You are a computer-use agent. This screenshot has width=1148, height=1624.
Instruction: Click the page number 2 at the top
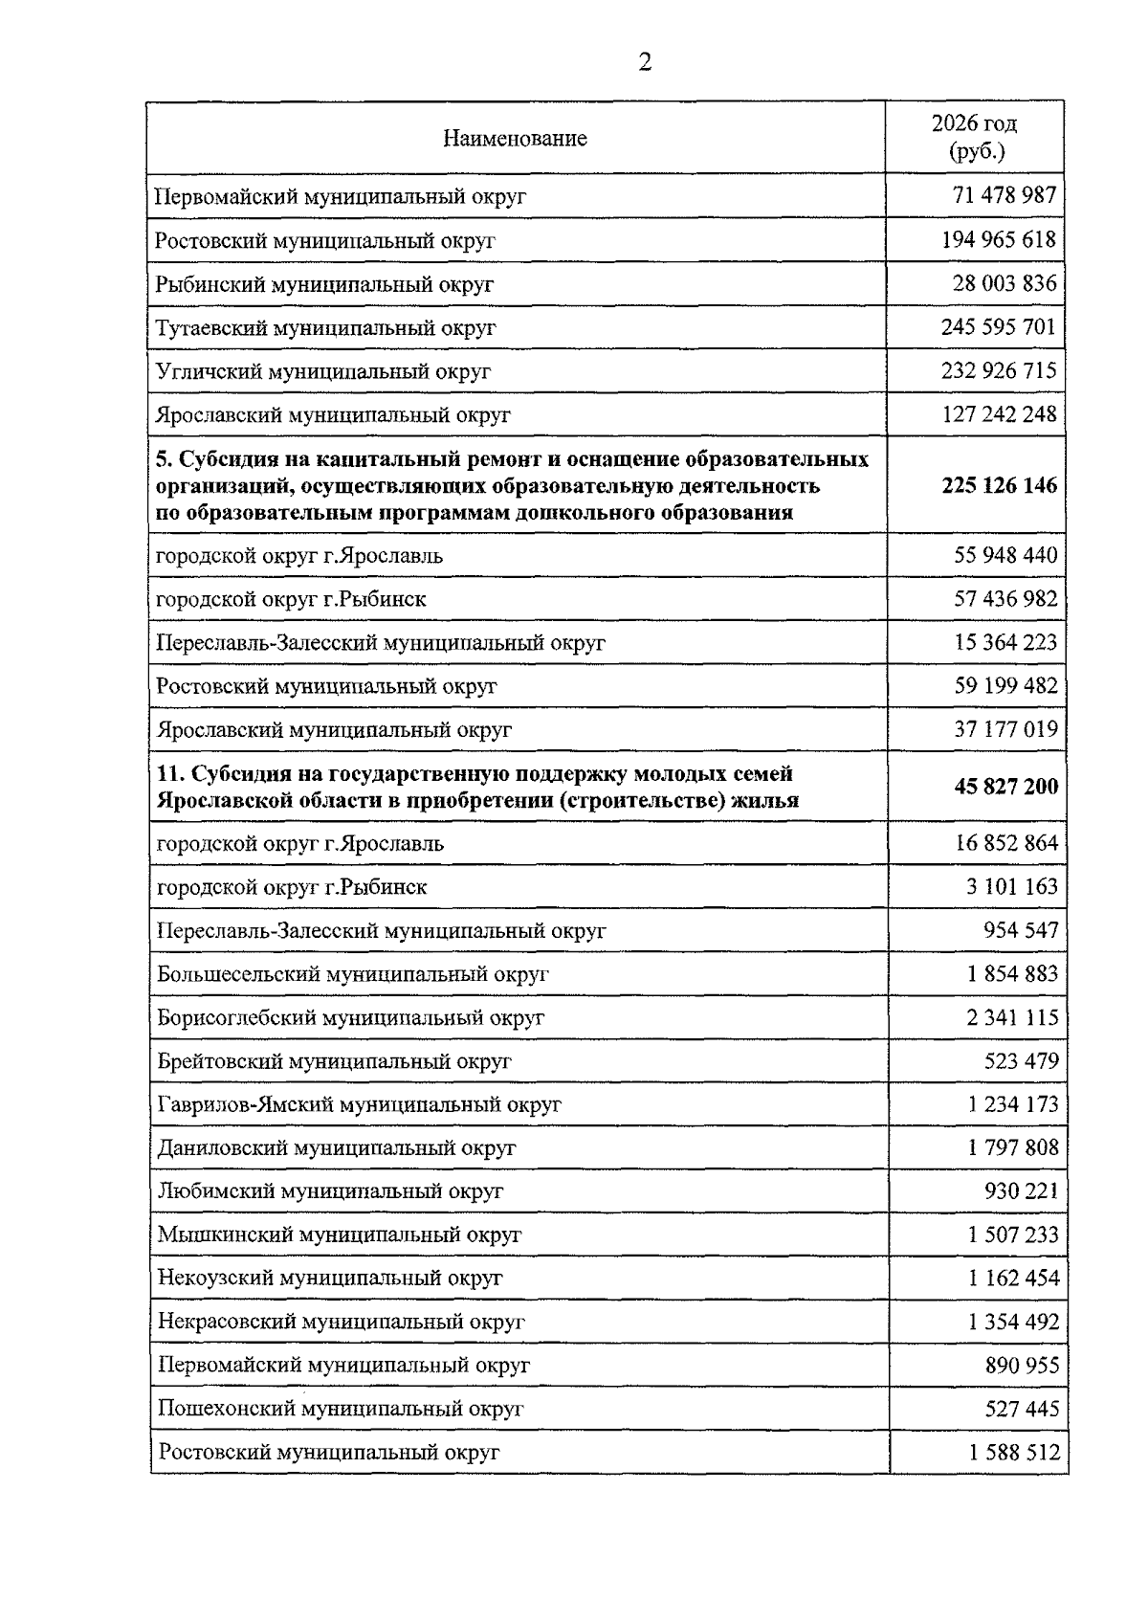click(x=644, y=63)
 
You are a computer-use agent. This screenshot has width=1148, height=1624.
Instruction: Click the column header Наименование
click(x=515, y=139)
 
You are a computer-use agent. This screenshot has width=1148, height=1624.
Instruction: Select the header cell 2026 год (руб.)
click(x=974, y=137)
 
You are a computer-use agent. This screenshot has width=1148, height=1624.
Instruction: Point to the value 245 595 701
click(x=999, y=327)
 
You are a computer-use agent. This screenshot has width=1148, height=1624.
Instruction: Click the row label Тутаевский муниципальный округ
click(x=325, y=328)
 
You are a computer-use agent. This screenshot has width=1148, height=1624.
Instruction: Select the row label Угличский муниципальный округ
click(x=323, y=371)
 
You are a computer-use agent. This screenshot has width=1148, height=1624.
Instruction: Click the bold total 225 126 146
click(x=1000, y=485)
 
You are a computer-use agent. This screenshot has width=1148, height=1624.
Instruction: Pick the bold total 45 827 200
click(x=1005, y=787)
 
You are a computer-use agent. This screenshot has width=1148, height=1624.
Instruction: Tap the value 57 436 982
click(x=1005, y=599)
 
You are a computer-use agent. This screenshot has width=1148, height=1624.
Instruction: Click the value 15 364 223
click(x=1005, y=642)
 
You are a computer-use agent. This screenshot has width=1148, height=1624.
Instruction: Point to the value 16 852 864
click(x=1005, y=843)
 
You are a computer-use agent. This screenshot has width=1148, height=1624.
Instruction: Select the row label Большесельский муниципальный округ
click(x=353, y=974)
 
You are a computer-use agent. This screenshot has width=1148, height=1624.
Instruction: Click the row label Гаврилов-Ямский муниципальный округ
click(x=359, y=1104)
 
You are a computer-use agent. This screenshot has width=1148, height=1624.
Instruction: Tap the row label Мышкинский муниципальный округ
click(x=340, y=1235)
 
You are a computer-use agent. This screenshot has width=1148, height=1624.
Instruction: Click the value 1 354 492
click(x=1013, y=1322)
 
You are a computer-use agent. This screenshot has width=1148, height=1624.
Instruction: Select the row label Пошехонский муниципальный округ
click(x=341, y=1409)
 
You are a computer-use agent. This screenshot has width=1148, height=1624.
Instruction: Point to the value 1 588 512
click(x=1014, y=1452)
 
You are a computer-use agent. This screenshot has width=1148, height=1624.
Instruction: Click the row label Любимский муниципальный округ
click(x=330, y=1191)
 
